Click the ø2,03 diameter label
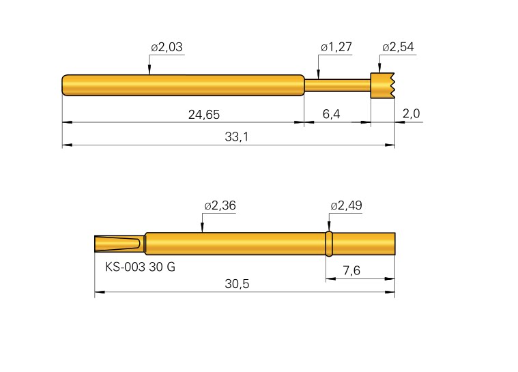[x=167, y=47]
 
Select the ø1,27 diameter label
[x=335, y=47]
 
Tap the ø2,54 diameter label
[x=398, y=47]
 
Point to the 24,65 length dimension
[x=203, y=114]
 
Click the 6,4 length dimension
[x=331, y=114]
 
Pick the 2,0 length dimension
[x=412, y=114]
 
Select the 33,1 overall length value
[x=236, y=137]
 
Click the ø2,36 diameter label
[x=220, y=205]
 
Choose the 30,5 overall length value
[x=236, y=285]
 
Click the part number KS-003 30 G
[x=140, y=267]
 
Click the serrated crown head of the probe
[x=382, y=85]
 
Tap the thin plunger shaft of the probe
[x=337, y=85]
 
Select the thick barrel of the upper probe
[x=183, y=85]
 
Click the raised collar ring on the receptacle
[x=328, y=244]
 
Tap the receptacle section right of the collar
[x=363, y=244]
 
